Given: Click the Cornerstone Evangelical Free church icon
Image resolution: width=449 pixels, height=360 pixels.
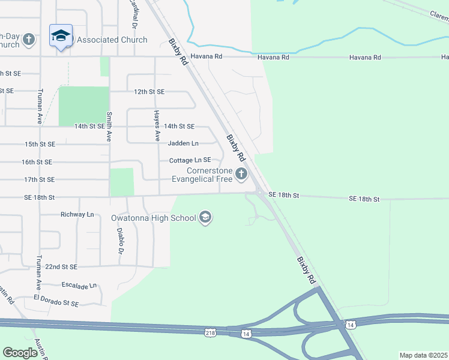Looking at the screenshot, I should coord(241,174).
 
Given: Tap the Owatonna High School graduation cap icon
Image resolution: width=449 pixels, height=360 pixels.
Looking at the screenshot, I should coord(205,217).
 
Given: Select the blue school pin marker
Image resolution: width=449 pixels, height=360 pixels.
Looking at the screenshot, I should coord(61,37).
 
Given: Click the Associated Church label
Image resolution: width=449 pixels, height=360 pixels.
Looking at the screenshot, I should coord(112,40).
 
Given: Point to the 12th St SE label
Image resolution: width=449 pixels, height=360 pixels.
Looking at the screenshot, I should coord(149,92).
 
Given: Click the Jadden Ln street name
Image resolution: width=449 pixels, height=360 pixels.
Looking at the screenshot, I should coord(183,143).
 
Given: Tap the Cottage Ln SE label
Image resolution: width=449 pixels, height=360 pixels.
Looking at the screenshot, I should coord(190,160).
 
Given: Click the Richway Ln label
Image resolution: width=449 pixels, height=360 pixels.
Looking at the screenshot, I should coord(77,214).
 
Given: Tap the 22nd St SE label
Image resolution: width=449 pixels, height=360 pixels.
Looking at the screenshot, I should coord(61,266).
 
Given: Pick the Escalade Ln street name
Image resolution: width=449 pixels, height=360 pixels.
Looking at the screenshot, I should coord(79,286).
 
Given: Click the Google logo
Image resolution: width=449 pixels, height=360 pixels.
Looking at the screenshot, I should coord(20,353).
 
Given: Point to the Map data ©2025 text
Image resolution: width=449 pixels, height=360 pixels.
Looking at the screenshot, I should coord(423,355).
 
